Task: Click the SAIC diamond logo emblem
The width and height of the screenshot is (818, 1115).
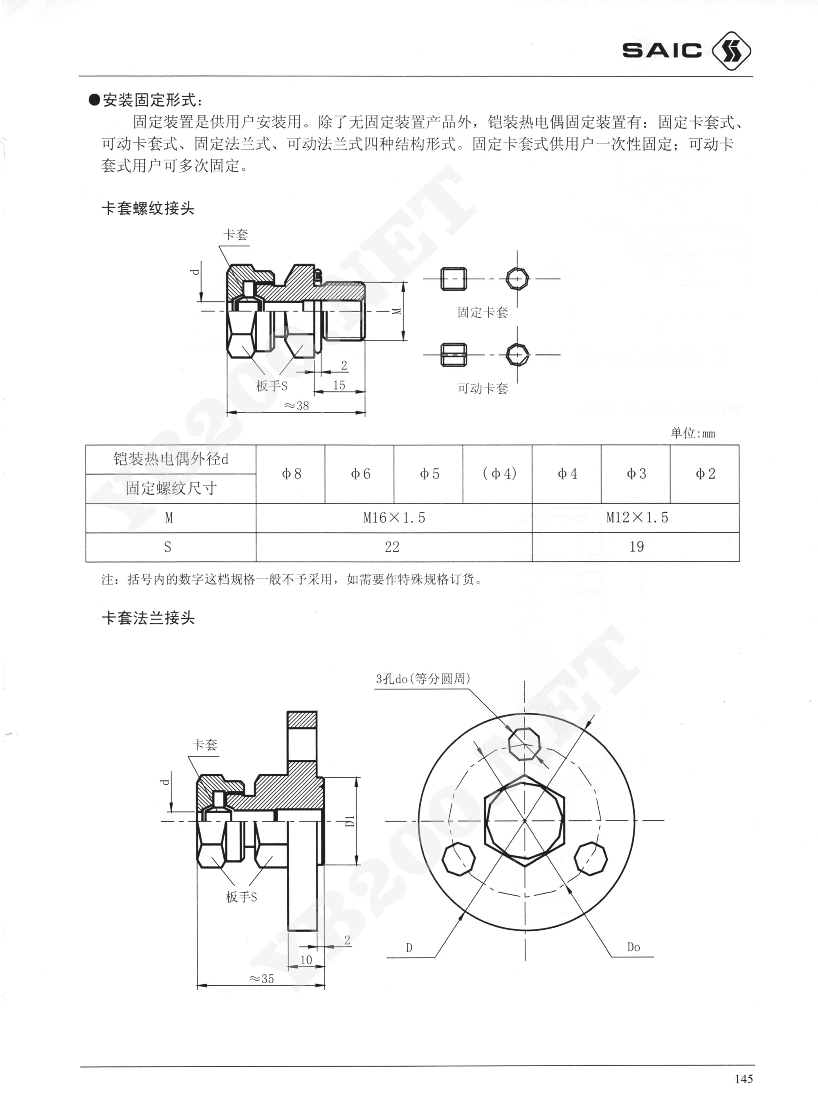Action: point(731,50)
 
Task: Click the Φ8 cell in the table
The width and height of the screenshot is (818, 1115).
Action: point(291,474)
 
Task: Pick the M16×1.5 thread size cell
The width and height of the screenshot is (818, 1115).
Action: point(394,518)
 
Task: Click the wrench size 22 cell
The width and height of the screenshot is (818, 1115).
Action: point(392,547)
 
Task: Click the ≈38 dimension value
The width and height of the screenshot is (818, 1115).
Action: point(296,405)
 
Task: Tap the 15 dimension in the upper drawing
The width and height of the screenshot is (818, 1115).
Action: point(339,385)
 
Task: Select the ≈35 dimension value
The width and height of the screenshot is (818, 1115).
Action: point(261,978)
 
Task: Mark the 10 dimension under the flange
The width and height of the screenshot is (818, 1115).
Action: point(306,960)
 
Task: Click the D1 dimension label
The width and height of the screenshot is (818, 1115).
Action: point(350,820)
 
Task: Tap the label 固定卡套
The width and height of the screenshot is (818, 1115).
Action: point(483,312)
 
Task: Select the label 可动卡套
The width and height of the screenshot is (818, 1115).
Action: point(483,388)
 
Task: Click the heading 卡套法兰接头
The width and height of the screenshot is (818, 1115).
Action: point(148,618)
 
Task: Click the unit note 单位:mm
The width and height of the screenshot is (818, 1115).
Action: point(693,433)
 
